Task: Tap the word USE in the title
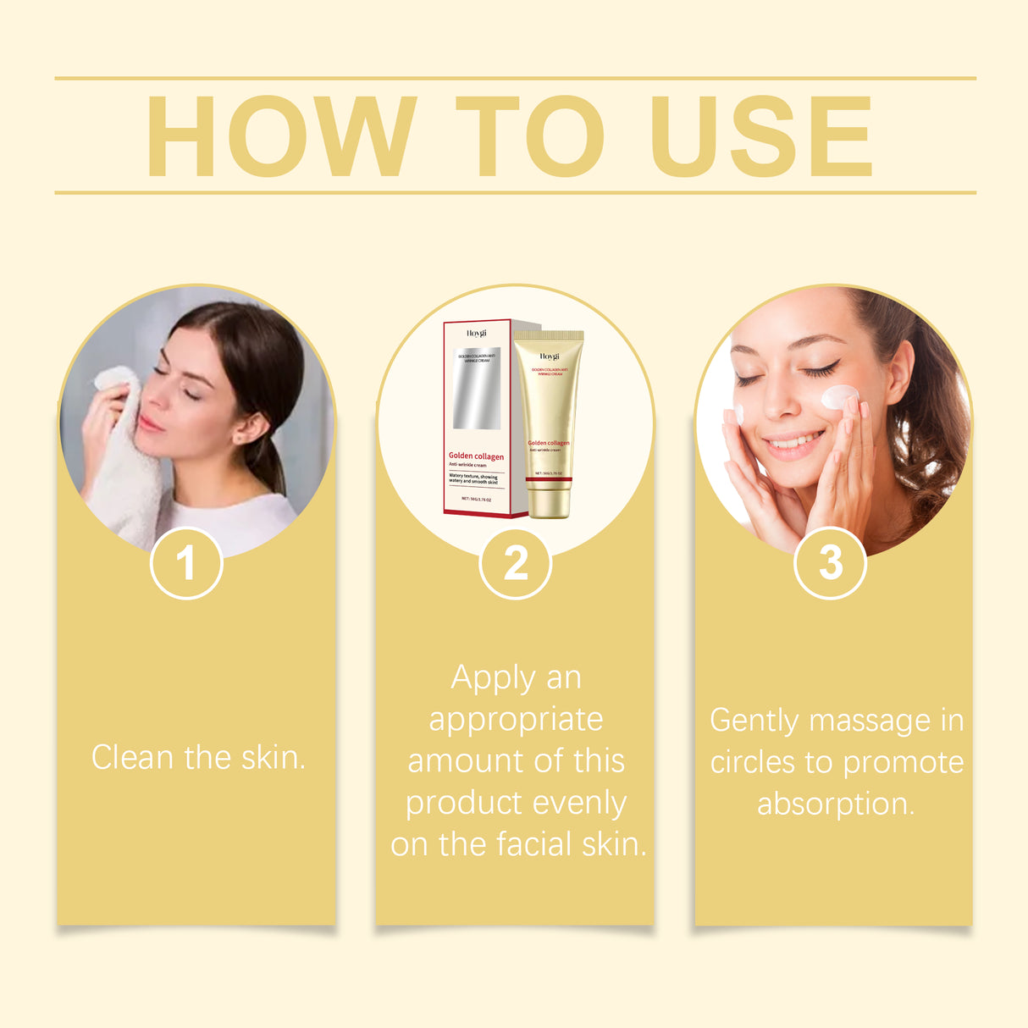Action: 760,136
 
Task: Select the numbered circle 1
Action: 186,563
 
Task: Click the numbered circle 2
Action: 516,563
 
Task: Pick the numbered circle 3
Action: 831,563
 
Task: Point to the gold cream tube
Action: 549,423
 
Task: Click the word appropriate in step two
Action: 516,720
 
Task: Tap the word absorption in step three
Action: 836,804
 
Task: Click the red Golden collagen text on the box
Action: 476,456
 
